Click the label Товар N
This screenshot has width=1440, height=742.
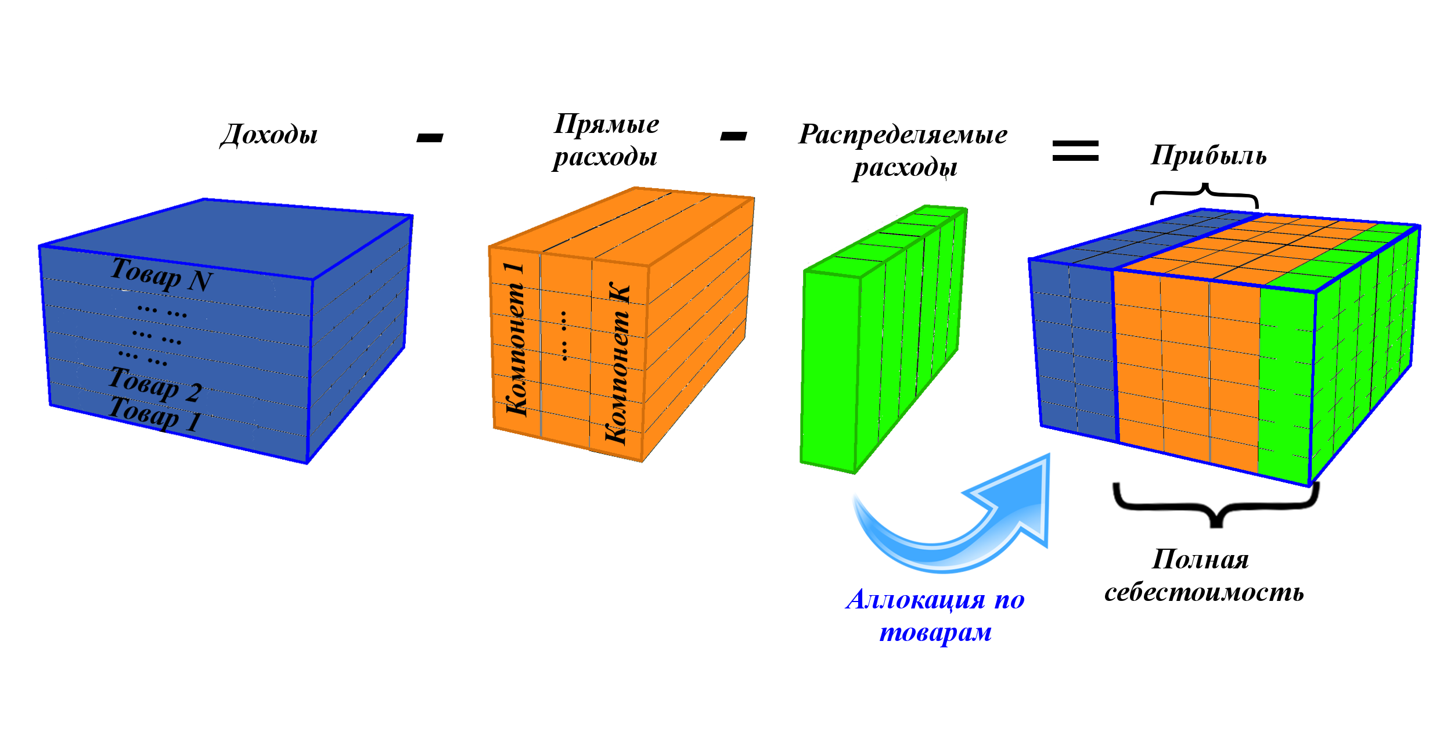point(161,275)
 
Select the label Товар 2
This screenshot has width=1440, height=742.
point(154,384)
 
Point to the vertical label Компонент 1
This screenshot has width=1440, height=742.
point(516,340)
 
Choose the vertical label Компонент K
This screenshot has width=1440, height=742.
point(617,363)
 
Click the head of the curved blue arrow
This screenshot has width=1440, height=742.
point(1022,499)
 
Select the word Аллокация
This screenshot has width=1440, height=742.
point(916,600)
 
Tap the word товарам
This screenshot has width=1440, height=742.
point(935,632)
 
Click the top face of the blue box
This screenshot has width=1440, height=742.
point(226,238)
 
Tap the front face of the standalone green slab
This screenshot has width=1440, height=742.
point(830,372)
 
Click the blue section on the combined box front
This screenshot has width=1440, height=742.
point(1074,348)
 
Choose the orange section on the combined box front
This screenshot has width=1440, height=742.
point(1185,372)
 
